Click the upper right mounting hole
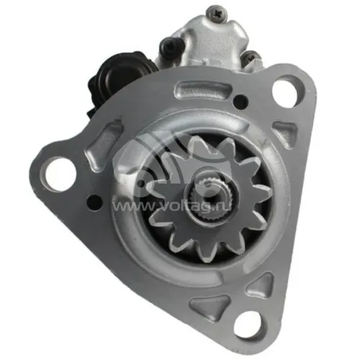287,93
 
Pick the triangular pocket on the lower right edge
261,285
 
